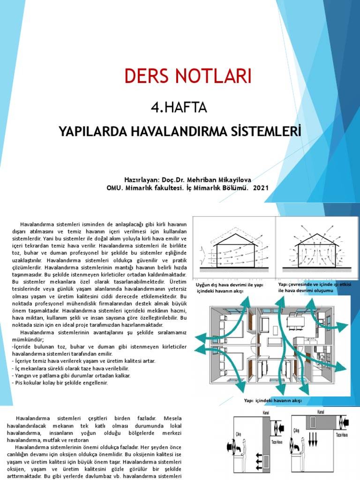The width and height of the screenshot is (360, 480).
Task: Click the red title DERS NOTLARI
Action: point(187,76)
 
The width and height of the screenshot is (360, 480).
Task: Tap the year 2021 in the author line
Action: point(262,187)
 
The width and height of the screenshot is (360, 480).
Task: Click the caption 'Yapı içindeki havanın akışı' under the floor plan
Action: point(273,401)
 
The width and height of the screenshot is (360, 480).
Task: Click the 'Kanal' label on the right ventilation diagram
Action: point(321,412)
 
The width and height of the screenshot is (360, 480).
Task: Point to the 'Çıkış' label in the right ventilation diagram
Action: point(296,430)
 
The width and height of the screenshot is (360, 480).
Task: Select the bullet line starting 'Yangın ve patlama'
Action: point(71,375)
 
